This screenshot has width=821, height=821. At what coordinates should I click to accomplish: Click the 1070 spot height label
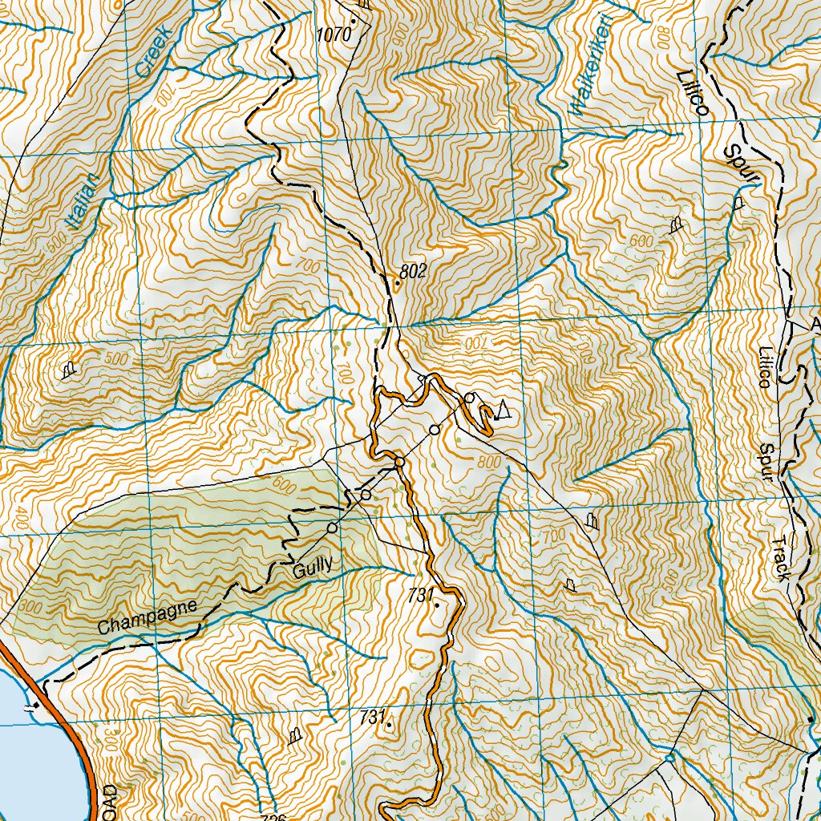pos(334,34)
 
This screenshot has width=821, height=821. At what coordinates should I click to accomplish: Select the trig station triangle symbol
pos(503,410)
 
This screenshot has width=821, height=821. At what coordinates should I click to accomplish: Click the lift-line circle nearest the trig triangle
pos(470,398)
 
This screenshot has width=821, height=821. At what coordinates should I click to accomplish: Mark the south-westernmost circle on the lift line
pos(332,528)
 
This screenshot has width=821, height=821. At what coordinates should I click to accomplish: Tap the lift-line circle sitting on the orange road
pos(399,461)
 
